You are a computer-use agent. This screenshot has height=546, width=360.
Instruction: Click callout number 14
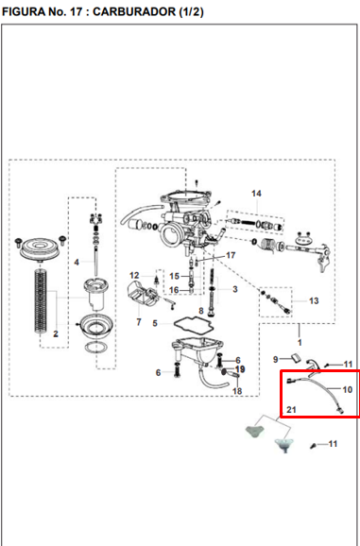tap(256, 194)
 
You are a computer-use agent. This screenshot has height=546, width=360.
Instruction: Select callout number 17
tap(231, 256)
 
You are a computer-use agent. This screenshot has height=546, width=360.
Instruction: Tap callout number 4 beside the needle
tap(77, 263)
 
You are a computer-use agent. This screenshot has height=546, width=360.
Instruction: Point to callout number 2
tap(56, 334)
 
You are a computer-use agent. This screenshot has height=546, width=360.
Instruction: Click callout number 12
tap(134, 276)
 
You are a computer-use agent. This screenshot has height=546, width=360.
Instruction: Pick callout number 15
tap(174, 276)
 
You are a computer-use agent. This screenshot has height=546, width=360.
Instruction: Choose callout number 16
tap(174, 290)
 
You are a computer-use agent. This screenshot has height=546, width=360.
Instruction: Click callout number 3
tap(235, 289)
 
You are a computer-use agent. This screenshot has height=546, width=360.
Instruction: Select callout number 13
tap(314, 300)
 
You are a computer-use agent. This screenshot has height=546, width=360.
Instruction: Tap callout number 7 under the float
tap(139, 322)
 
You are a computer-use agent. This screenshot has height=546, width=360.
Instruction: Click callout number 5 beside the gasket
tap(155, 323)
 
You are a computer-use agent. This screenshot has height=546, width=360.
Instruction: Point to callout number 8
tap(201, 311)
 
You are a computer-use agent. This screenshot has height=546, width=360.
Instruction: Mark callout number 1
tap(300, 343)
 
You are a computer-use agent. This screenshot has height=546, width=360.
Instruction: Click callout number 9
tap(275, 359)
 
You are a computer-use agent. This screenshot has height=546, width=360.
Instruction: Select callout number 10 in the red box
tap(348, 389)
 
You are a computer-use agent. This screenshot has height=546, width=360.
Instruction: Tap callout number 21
tap(291, 410)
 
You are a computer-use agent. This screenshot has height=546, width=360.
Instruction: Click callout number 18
tap(237, 391)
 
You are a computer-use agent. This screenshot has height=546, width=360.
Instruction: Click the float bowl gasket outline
tap(194, 324)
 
